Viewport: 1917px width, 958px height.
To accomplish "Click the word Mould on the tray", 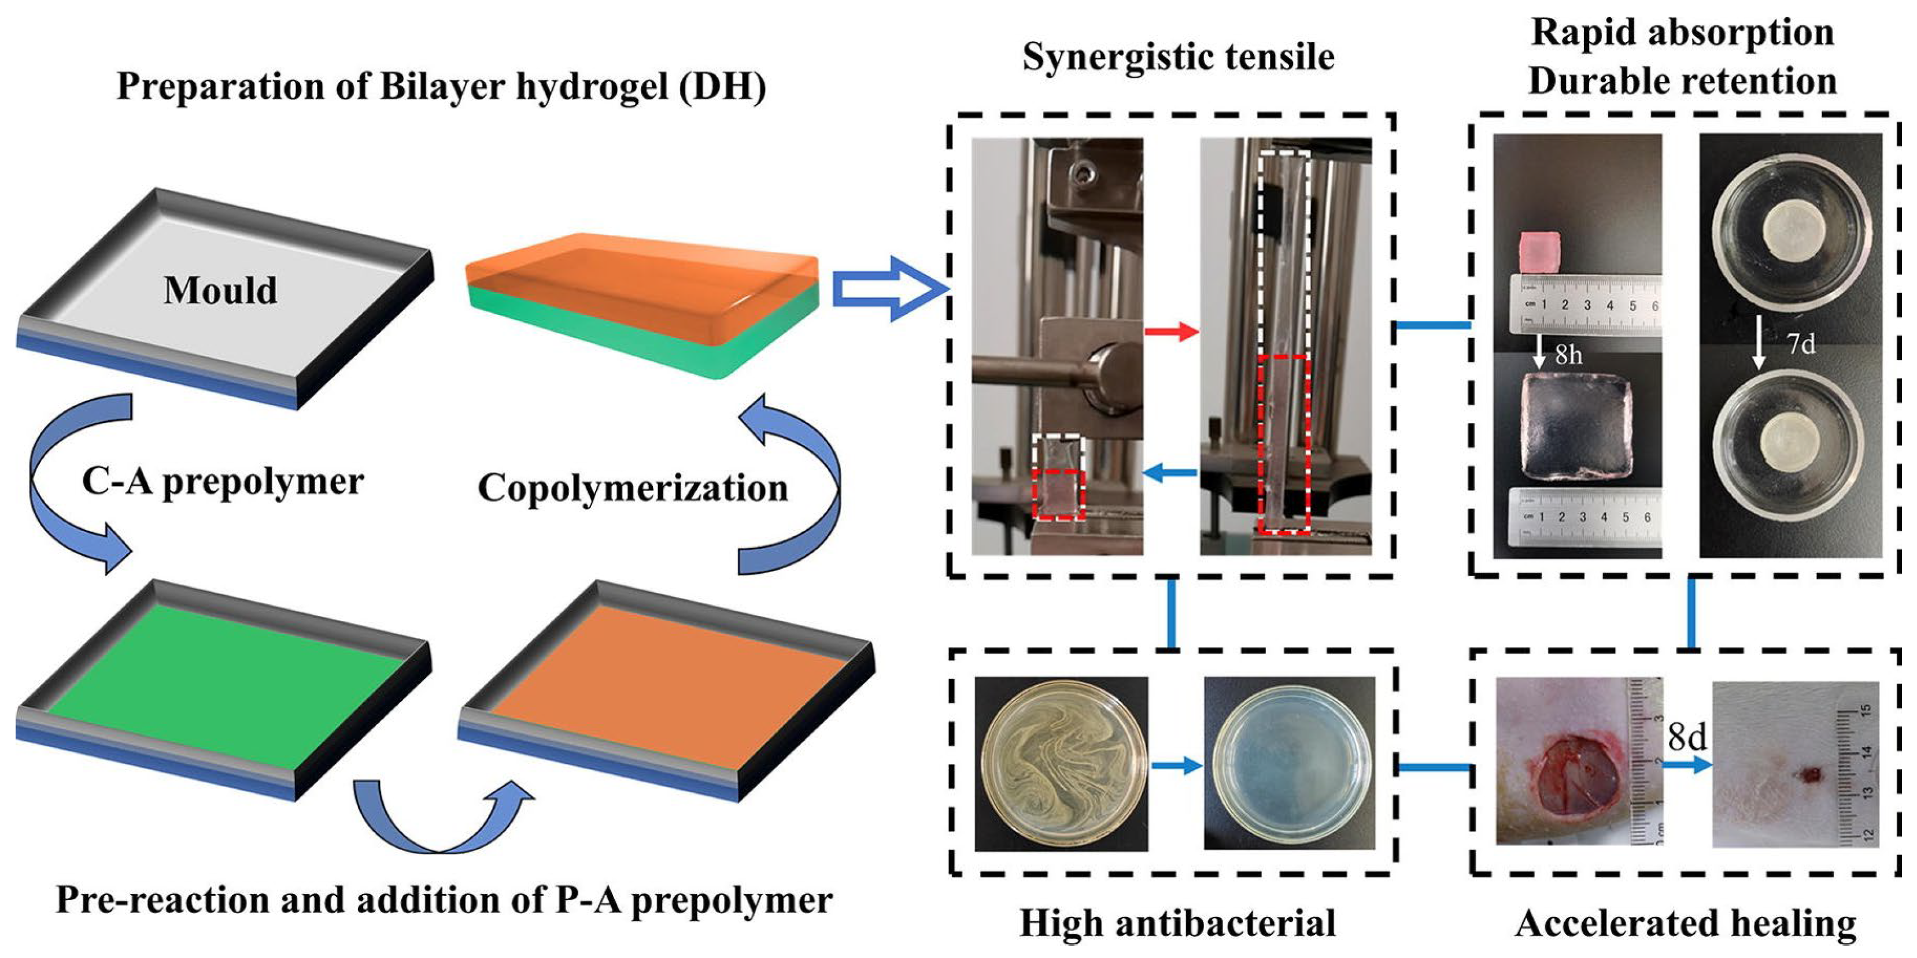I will click(x=220, y=290).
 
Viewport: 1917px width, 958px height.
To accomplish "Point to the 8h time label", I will click(x=1568, y=355).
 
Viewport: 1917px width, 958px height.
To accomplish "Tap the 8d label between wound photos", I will click(x=1687, y=737).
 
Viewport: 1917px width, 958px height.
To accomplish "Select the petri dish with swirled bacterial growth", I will click(x=1061, y=764).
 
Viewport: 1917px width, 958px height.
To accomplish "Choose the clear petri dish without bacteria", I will click(x=1289, y=764).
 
